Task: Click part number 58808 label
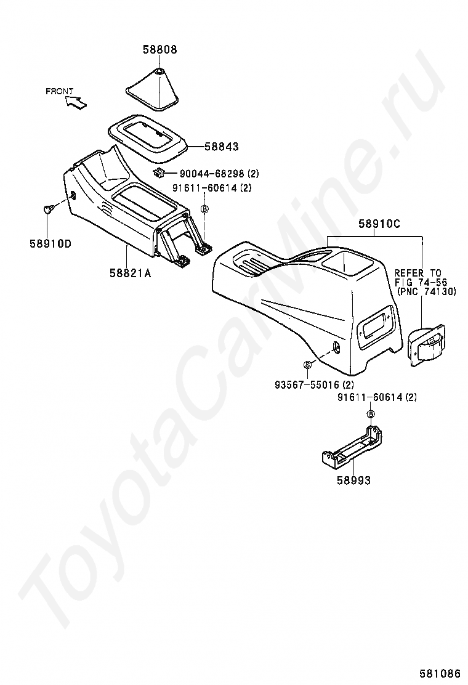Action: (x=159, y=50)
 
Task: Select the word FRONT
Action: (x=58, y=91)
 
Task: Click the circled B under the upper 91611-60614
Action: (x=205, y=209)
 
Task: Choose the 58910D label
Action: (x=50, y=243)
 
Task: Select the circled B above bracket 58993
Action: (x=371, y=414)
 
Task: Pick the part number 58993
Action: (x=353, y=480)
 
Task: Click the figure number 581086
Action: (x=440, y=673)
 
